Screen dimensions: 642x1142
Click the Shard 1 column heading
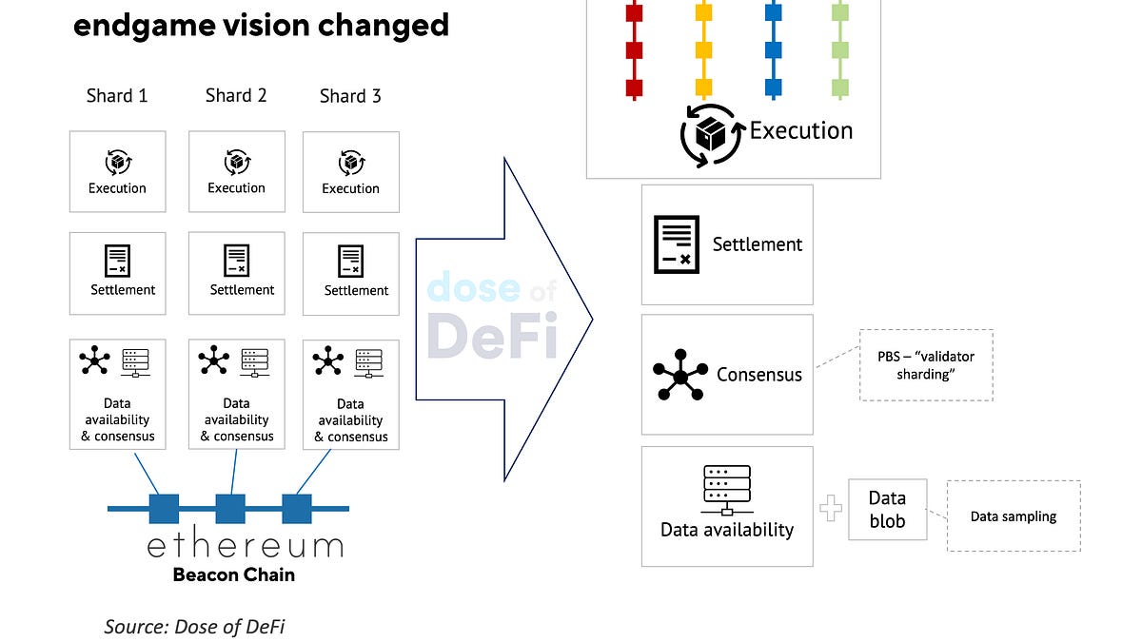[116, 96]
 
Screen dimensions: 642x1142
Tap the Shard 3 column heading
[350, 96]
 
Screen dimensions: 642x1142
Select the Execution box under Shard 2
[236, 171]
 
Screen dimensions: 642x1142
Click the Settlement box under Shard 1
[117, 273]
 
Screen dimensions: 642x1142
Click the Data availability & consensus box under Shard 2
[236, 394]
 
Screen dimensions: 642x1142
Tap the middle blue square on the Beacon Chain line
[230, 509]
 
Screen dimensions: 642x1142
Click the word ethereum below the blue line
[245, 546]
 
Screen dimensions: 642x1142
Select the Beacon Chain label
[233, 574]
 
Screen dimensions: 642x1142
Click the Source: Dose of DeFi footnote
[194, 626]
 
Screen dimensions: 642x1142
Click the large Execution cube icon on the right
[710, 136]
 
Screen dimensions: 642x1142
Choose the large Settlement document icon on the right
[677, 245]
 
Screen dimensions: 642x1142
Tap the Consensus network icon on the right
[679, 374]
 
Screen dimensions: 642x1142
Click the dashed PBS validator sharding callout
[925, 365]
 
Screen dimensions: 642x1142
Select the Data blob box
[887, 510]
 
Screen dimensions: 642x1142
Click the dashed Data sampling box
[1013, 516]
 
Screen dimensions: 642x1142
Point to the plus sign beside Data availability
[831, 509]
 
